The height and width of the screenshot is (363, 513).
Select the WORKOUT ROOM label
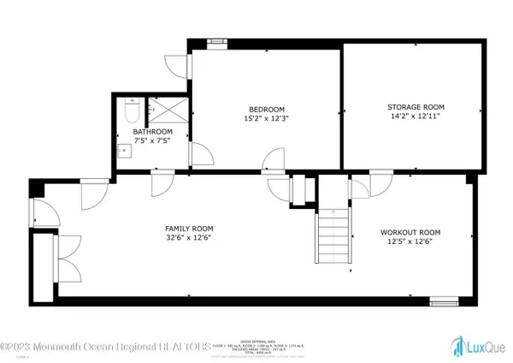click(x=410, y=232)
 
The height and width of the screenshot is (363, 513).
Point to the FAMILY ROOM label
click(x=189, y=229)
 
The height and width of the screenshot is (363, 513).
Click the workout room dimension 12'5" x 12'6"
click(x=410, y=242)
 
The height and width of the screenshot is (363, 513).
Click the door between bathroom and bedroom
click(x=200, y=154)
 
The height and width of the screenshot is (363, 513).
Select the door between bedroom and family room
click(x=274, y=159)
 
